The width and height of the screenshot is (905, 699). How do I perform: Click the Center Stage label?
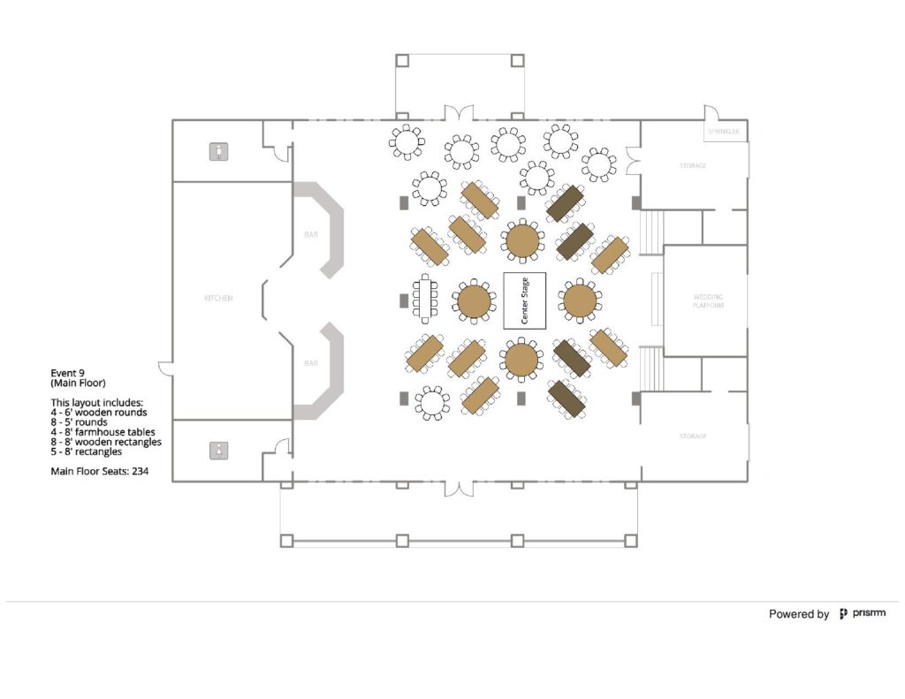click(x=524, y=301)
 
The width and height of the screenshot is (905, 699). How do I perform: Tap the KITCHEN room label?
click(x=218, y=299)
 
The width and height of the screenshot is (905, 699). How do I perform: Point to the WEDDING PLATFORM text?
click(x=708, y=300)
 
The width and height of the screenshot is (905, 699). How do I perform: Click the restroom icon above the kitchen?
click(x=218, y=152)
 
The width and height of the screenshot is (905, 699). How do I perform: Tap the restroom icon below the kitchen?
click(x=218, y=450)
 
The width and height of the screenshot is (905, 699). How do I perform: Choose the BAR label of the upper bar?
click(x=310, y=236)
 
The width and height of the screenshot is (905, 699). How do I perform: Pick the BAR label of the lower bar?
click(x=310, y=363)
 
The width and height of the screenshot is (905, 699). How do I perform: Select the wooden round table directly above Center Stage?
click(x=521, y=239)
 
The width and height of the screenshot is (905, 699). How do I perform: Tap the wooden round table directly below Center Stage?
click(x=521, y=360)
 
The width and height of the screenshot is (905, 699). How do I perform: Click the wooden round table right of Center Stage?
click(x=580, y=300)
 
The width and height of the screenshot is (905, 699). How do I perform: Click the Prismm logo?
click(x=862, y=613)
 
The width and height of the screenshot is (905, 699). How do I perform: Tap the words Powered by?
click(x=798, y=614)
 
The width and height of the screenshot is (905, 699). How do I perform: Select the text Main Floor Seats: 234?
click(x=99, y=472)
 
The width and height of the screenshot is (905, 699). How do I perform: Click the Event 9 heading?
click(x=67, y=373)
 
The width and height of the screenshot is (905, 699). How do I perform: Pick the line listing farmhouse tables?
click(x=103, y=432)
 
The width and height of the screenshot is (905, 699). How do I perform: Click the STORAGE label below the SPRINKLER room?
click(x=693, y=165)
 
